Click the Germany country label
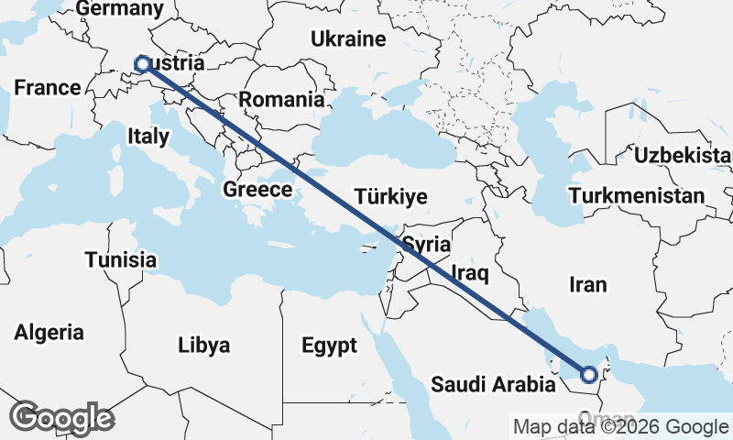click(x=119, y=9)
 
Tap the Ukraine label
click(x=348, y=39)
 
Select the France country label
click(x=48, y=88)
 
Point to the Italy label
click(x=148, y=137)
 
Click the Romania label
click(x=282, y=100)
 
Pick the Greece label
click(x=257, y=190)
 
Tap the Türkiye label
click(x=391, y=197)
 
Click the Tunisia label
click(x=121, y=259)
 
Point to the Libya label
click(x=203, y=345)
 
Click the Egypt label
click(x=329, y=346)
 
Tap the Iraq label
click(x=471, y=272)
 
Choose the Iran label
click(x=587, y=284)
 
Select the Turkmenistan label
click(x=637, y=195)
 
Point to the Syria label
click(x=427, y=245)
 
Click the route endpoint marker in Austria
click(x=142, y=63)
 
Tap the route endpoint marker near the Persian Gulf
click(x=589, y=374)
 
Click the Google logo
click(x=61, y=418)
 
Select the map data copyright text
click(x=620, y=427)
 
